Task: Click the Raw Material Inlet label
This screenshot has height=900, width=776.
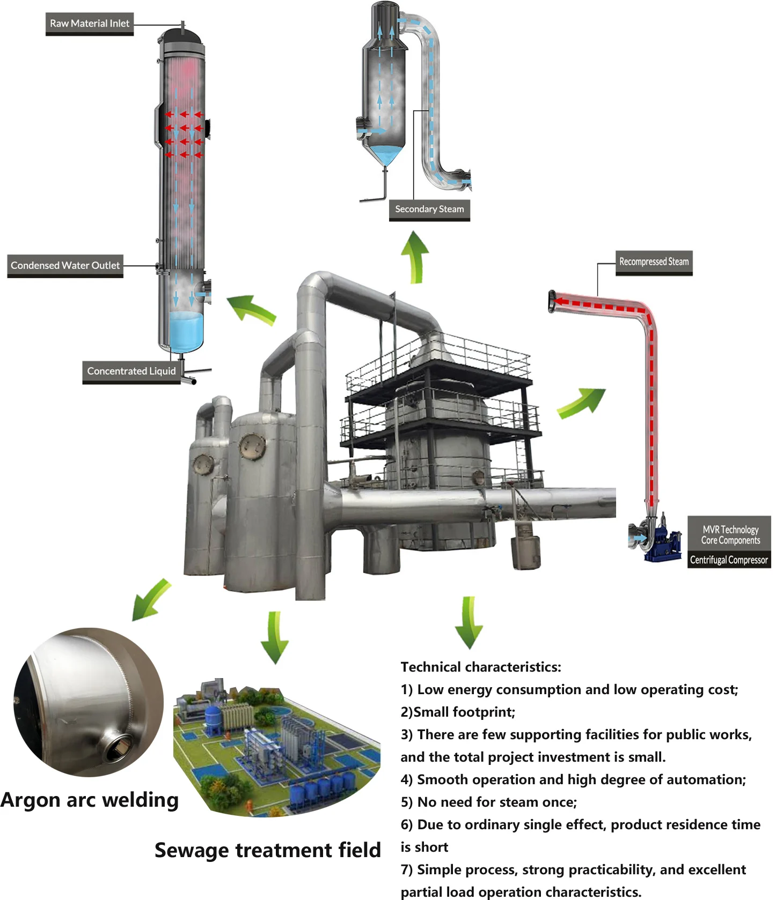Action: tap(90, 24)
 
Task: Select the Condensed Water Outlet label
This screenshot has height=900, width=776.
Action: tap(65, 265)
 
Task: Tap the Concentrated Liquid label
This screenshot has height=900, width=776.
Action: tap(131, 371)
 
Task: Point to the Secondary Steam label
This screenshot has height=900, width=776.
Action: tap(429, 209)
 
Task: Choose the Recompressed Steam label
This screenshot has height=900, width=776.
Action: tap(654, 262)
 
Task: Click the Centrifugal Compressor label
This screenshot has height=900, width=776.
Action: tap(729, 560)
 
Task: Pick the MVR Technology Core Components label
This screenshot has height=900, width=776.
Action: tap(730, 534)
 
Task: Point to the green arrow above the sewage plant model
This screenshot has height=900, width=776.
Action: tap(275, 638)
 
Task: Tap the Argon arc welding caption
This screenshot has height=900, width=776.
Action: tap(90, 800)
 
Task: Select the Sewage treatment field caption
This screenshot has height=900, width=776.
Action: tap(267, 850)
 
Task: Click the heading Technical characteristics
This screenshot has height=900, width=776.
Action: tap(480, 667)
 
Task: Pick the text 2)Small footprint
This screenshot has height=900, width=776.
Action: tap(458, 712)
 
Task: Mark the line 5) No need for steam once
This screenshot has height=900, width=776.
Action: tap(488, 802)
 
